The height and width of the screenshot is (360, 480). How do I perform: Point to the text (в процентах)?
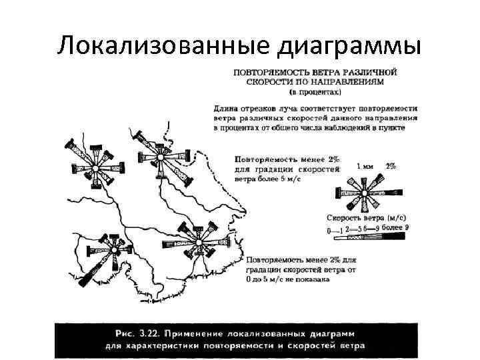[315, 91]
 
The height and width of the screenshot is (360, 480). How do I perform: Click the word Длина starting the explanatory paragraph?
[227, 107]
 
